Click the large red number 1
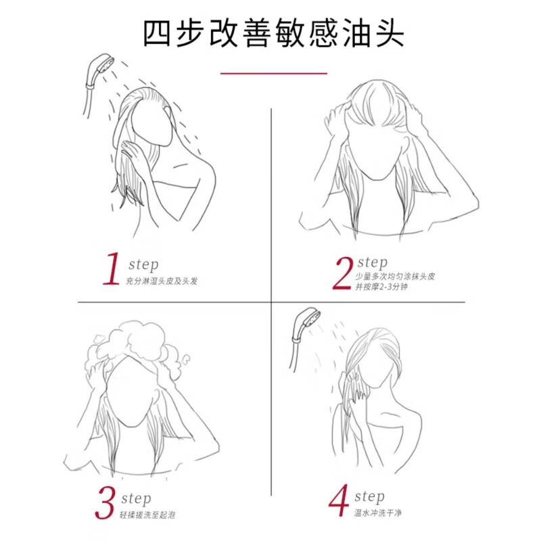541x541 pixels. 111,270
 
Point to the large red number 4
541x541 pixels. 339,503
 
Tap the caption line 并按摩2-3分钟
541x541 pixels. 381,287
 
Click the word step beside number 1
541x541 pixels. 142,264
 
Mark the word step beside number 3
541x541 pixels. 137,499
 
